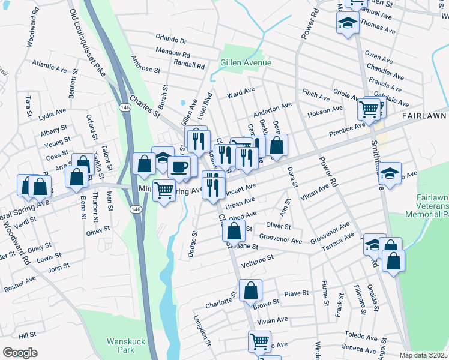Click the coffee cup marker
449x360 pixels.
pyautogui.click(x=180, y=166)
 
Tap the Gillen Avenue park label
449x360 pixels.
pyautogui.click(x=246, y=62)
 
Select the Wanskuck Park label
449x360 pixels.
pyautogui.click(x=127, y=345)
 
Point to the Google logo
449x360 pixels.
pyautogui.click(x=20, y=352)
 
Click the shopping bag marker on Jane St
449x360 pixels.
pyautogui.click(x=234, y=230)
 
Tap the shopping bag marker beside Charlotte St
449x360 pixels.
pyautogui.click(x=250, y=290)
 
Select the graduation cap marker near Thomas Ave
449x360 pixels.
pyautogui.click(x=346, y=24)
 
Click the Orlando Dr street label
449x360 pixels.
pyautogui.click(x=172, y=40)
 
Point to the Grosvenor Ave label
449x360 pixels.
pyautogui.click(x=280, y=240)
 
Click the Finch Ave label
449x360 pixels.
pyautogui.click(x=316, y=95)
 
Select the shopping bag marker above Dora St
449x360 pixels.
pyautogui.click(x=277, y=145)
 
